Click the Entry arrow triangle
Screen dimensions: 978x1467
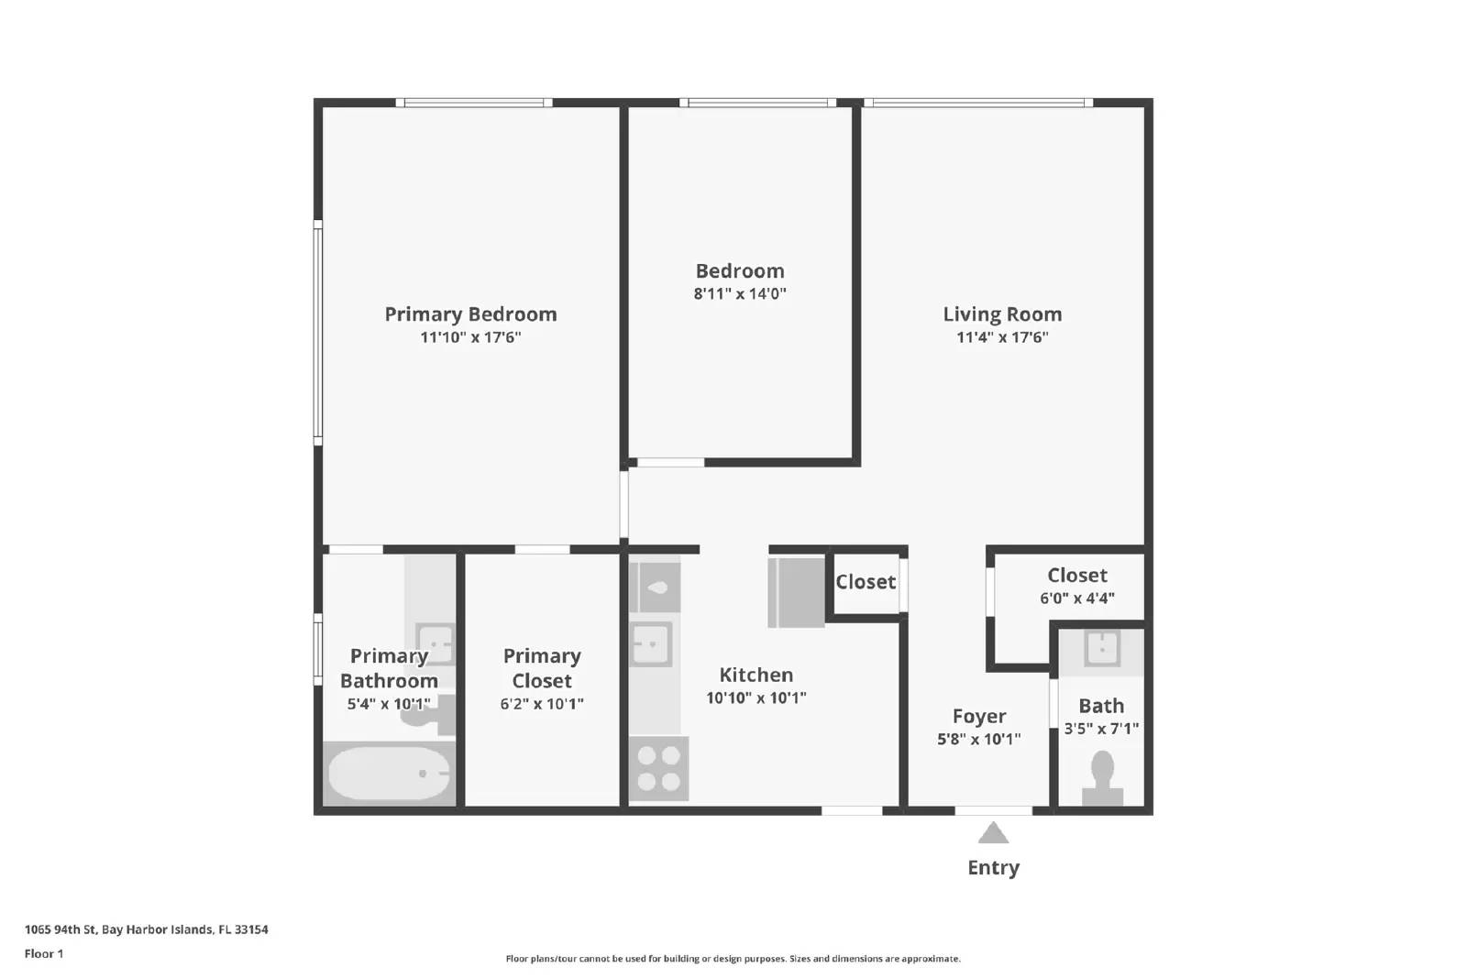(993, 833)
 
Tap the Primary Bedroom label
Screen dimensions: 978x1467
(470, 314)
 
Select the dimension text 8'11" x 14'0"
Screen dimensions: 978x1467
(740, 294)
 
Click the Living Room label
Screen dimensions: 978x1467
(1002, 314)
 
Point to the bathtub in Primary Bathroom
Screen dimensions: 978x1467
(389, 774)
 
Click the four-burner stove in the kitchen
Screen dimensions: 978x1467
(659, 769)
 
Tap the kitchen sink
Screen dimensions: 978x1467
(652, 643)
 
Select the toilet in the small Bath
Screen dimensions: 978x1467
(1102, 777)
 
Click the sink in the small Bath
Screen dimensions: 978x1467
(1102, 647)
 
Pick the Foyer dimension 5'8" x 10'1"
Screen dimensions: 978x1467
(978, 740)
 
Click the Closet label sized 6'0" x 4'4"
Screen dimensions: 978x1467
(1077, 576)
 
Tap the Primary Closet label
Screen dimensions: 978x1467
(542, 668)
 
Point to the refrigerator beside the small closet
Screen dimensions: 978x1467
(797, 592)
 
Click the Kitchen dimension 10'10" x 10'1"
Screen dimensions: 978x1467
(756, 698)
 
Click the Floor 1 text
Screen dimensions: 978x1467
(44, 954)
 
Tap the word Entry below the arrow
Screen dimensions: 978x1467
(993, 868)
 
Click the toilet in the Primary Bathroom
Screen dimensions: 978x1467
(428, 714)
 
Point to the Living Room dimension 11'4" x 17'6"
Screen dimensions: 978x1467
(1002, 337)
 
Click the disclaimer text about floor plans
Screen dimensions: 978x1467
(733, 959)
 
